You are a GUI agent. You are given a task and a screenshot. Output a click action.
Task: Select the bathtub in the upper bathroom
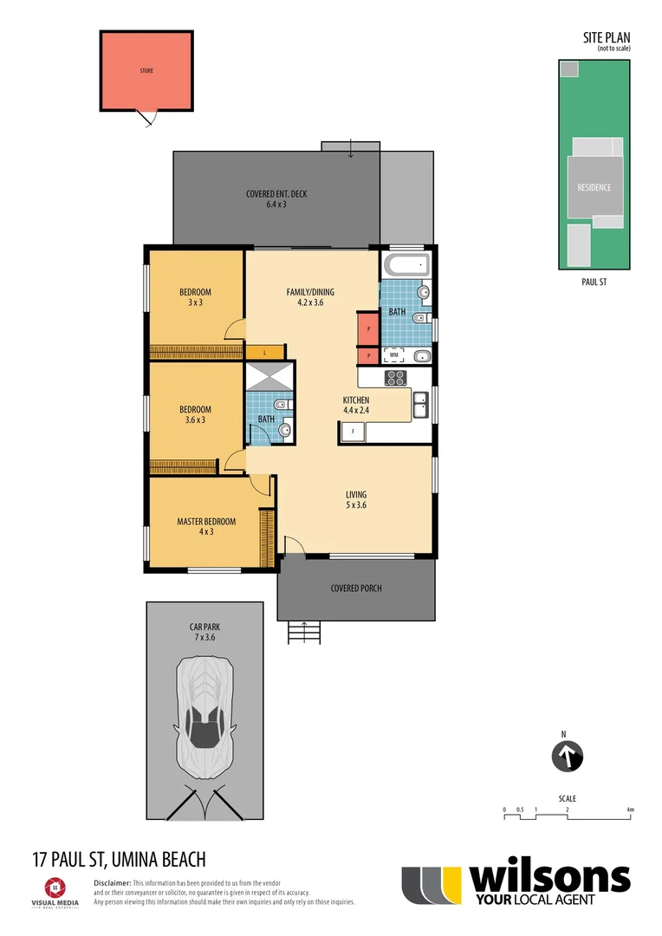coord(406,265)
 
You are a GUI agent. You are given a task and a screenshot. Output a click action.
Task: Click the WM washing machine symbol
coord(394,354)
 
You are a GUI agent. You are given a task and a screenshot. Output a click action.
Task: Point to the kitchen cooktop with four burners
coord(395,377)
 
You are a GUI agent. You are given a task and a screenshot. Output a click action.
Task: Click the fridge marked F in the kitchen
coord(353,432)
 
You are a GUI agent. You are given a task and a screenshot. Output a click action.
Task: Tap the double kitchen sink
coord(420,403)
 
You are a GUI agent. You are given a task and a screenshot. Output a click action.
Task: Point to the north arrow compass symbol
coord(568,757)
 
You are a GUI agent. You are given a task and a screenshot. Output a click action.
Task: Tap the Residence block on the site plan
coord(594,187)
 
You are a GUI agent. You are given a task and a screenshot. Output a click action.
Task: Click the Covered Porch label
coord(355,588)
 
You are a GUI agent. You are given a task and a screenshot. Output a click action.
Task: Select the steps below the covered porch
coord(304,634)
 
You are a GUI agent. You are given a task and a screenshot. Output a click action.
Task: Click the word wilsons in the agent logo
coord(549,879)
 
